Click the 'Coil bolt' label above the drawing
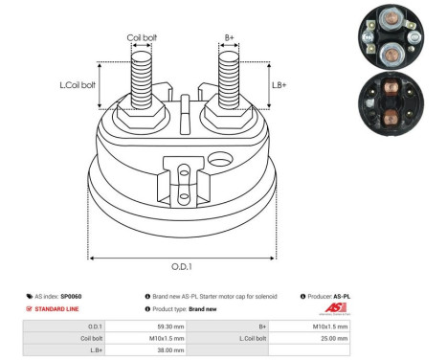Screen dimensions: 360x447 (x=142, y=38)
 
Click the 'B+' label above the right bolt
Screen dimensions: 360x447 (x=229, y=38)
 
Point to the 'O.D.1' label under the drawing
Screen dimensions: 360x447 (x=183, y=267)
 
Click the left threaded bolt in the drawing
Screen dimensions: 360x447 (x=141, y=80)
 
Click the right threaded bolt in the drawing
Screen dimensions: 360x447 (x=228, y=80)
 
